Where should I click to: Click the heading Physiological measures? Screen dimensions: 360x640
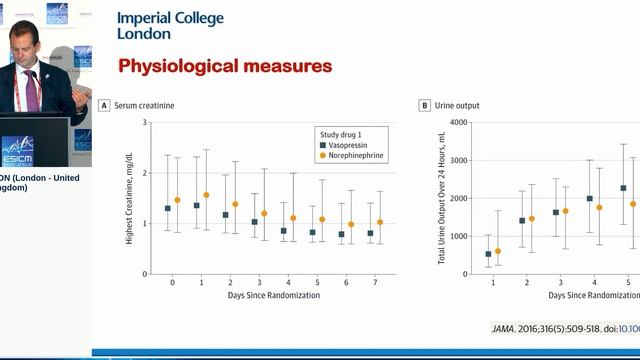[x=225, y=67]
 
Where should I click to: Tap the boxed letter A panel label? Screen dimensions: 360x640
[x=104, y=105]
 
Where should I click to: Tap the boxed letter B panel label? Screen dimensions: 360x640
[x=424, y=105]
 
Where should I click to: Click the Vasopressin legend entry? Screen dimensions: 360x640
[x=352, y=145]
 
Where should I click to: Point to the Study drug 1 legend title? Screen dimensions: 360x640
[x=344, y=133]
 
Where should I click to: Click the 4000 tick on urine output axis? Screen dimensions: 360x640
[x=460, y=123]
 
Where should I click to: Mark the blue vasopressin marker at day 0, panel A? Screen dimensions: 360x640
[x=167, y=208]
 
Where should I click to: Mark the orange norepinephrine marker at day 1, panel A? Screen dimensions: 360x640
[x=206, y=195]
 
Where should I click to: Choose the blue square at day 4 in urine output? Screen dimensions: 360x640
[x=589, y=198]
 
